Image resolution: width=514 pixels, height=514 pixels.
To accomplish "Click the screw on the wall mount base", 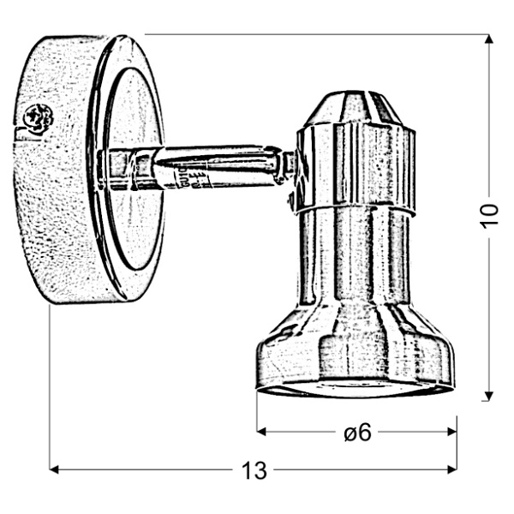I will coord(37,117).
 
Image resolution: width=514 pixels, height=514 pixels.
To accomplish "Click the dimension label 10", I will coord(488,216).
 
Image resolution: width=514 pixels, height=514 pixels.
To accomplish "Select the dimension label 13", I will coord(254,470).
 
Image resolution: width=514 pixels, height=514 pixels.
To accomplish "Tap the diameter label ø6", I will coord(357,433).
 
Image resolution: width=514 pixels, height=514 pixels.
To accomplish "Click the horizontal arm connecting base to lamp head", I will coord(214,165).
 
